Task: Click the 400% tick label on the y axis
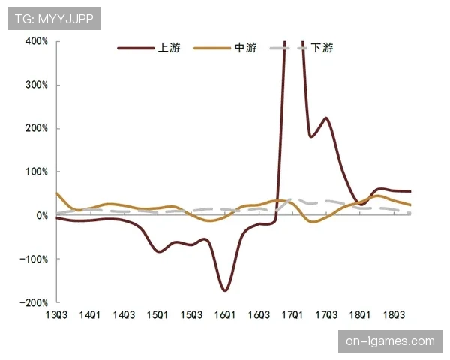click(x=36, y=41)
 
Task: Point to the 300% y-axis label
click(x=36, y=85)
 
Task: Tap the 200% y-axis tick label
click(x=36, y=128)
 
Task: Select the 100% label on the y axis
click(x=36, y=172)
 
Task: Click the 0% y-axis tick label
click(x=40, y=215)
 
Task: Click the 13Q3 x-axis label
click(x=56, y=315)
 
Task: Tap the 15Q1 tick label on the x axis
click(x=157, y=315)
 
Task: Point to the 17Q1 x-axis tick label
click(x=292, y=315)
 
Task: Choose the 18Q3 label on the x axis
click(x=394, y=315)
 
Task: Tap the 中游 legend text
click(x=245, y=49)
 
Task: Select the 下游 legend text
click(x=322, y=49)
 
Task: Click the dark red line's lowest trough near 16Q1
click(x=224, y=289)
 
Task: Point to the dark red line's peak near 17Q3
click(x=326, y=118)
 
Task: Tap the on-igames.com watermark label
click(x=390, y=341)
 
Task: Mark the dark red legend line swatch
click(x=134, y=49)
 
